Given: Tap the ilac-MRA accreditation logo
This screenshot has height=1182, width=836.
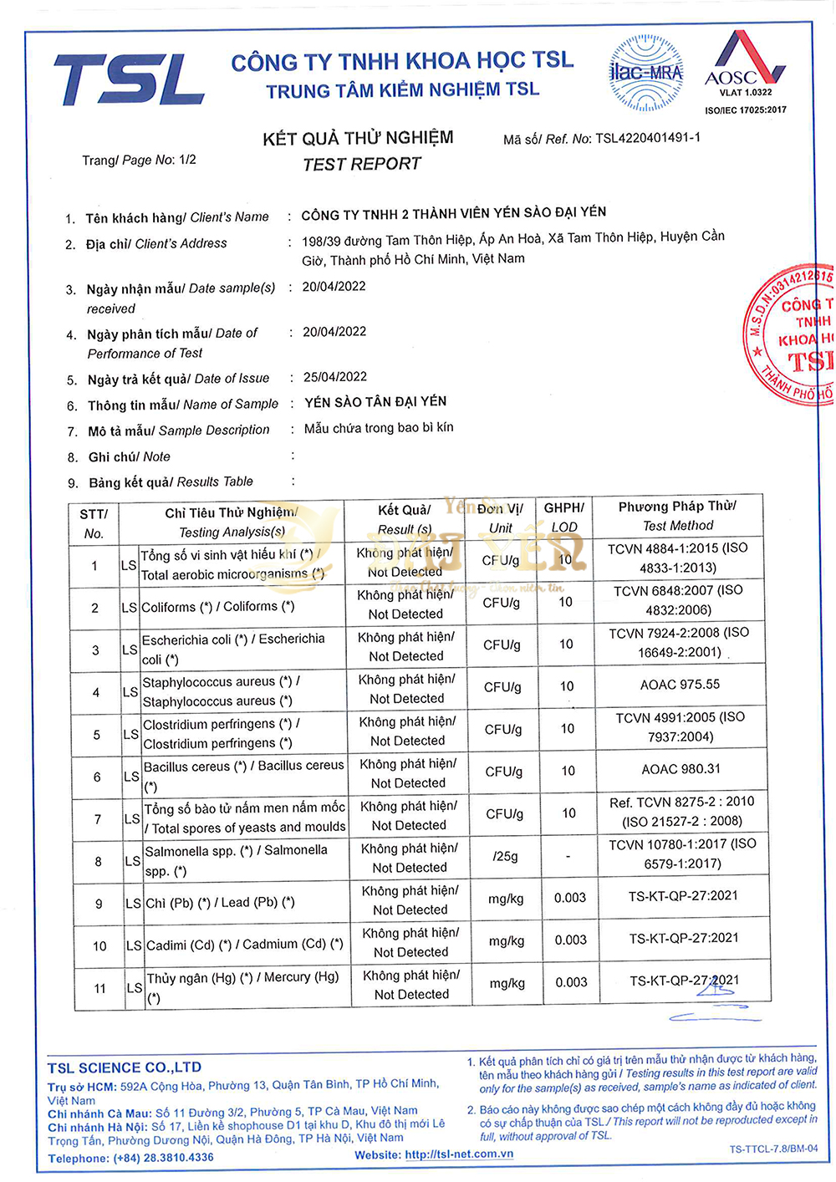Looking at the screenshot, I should pos(646,73).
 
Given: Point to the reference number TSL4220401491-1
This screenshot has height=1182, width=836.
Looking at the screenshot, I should pos(648,138).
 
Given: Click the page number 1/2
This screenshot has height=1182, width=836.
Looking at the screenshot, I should pos(187,159).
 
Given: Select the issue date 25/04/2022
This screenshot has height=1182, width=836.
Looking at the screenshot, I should pos(334,377).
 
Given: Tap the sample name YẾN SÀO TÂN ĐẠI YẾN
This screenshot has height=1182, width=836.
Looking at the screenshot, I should pos(375,402).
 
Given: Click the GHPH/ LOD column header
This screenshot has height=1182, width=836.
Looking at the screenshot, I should pos(564,517).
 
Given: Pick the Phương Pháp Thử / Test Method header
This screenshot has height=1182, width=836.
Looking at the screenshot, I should pos(677,516).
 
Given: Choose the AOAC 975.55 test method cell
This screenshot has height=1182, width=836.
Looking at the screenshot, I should pos(680,685).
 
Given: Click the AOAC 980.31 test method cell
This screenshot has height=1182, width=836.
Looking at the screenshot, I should pos(681,769).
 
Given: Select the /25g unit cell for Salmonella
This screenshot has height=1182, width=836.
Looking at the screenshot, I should pos(505,856).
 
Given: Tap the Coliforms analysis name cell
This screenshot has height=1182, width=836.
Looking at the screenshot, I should pos(217,607).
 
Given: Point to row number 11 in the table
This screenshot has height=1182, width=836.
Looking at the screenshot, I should pos(99,988).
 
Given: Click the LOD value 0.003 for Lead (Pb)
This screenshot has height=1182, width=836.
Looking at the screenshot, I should pos(570,898).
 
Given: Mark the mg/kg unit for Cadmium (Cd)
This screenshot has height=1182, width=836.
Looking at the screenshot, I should pos(507,940).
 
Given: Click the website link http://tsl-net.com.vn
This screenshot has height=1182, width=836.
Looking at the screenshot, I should pos(459,1154).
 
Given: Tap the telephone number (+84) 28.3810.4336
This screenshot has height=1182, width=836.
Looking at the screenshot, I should pos(165,1158).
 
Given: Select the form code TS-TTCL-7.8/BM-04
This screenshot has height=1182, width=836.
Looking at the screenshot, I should pos(773,1149).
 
